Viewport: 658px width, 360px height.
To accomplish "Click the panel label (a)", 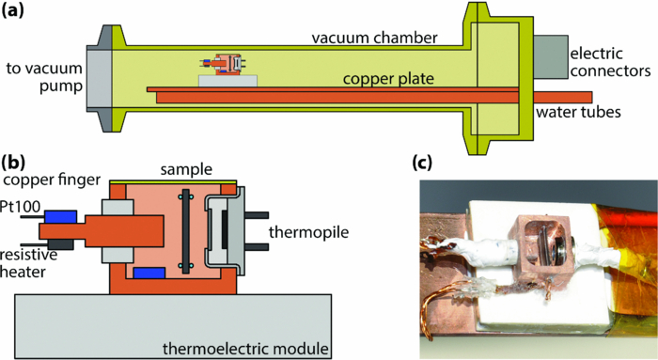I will click(x=17, y=12).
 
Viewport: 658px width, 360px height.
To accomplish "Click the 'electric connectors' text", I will click(x=609, y=59).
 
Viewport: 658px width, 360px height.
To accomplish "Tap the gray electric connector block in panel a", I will click(x=544, y=56).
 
